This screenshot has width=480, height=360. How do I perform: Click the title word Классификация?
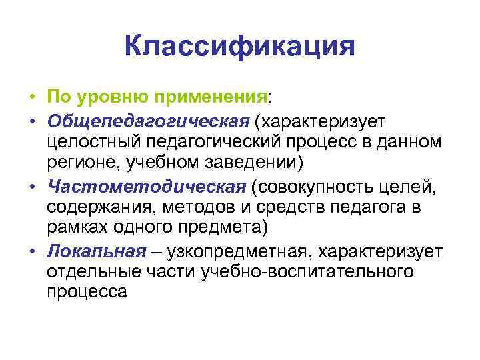click(x=239, y=47)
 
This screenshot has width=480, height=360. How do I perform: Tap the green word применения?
click(x=211, y=97)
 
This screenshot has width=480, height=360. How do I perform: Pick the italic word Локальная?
click(x=96, y=251)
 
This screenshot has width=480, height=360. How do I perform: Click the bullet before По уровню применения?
click(x=31, y=99)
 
